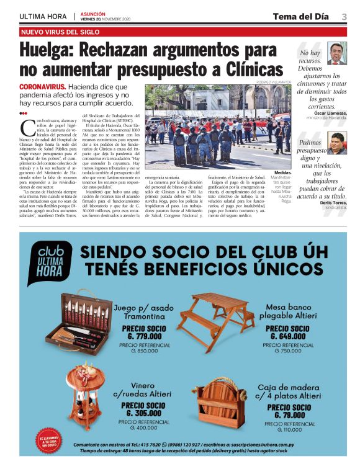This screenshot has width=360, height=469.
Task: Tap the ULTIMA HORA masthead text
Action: [x=44, y=17]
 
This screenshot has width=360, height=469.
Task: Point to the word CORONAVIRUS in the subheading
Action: [x=42, y=87]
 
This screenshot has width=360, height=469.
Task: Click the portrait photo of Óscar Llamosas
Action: [x=337, y=53]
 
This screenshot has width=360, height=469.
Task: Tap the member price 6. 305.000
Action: [x=146, y=412]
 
